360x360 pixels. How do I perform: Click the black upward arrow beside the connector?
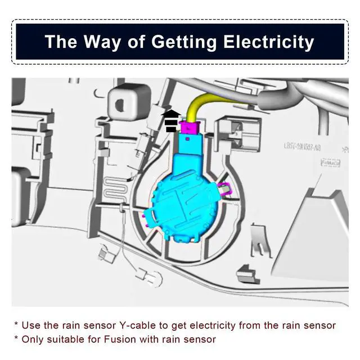pyautogui.click(x=170, y=120)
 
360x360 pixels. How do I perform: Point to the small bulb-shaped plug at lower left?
pyautogui.click(x=151, y=277)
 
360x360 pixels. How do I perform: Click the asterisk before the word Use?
pyautogui.click(x=16, y=325)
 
